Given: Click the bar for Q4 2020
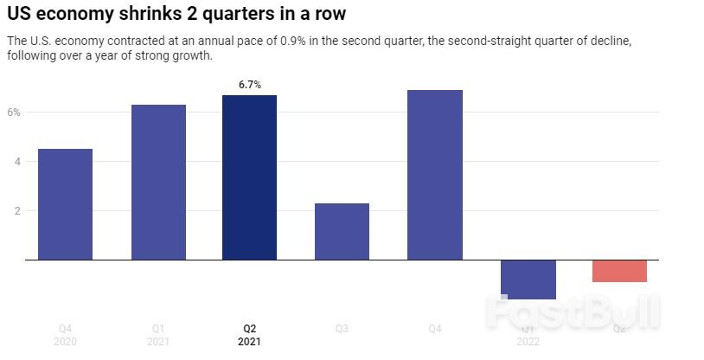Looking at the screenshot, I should [x=65, y=204].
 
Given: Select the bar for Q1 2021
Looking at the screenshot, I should [x=158, y=182].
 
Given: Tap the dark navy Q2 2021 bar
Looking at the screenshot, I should [x=250, y=177].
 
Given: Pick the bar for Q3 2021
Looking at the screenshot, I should [x=342, y=231].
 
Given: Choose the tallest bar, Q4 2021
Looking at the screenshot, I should [x=435, y=175].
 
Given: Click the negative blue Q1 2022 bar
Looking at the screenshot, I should [x=528, y=279].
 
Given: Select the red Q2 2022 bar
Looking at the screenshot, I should [x=620, y=271].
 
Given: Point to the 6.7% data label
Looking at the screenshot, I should [x=250, y=84].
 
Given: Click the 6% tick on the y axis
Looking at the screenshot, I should [x=14, y=112].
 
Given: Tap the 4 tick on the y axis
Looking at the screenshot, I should [x=16, y=162].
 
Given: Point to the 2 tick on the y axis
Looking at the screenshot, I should [x=16, y=211].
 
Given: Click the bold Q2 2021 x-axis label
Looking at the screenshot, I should [x=250, y=335].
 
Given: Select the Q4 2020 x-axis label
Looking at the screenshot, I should [x=65, y=335].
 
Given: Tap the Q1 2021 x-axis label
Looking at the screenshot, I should [x=158, y=335].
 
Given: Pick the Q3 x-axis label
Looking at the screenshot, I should [x=342, y=329].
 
